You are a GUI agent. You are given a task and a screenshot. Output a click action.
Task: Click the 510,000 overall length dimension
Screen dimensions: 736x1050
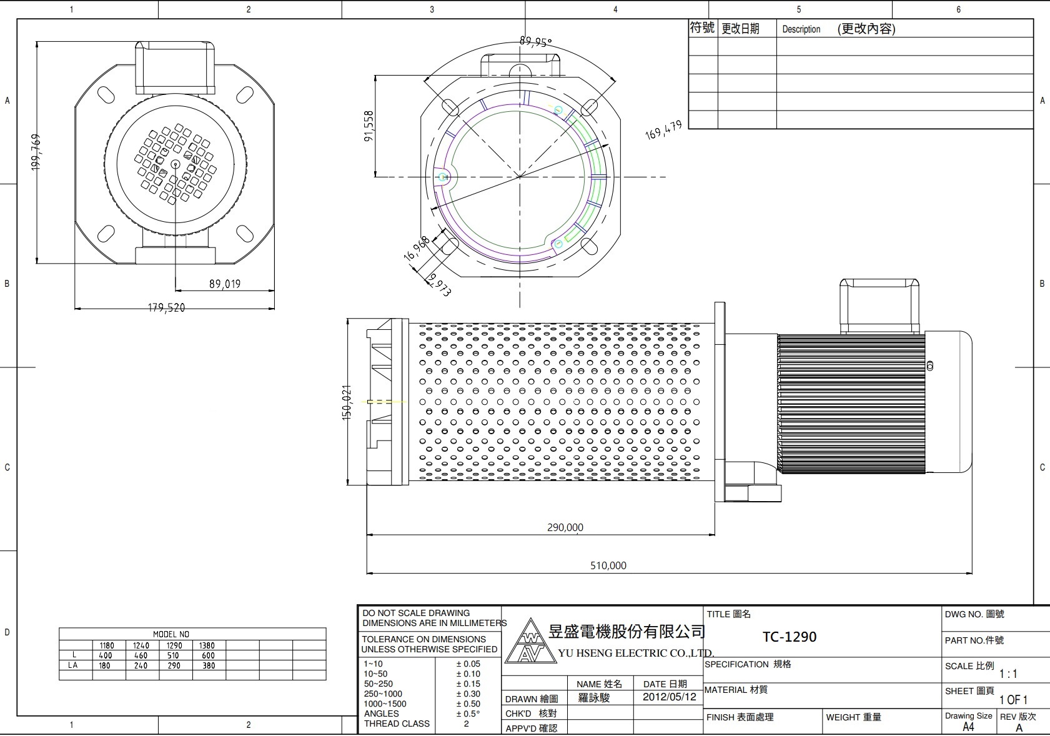point(608,565)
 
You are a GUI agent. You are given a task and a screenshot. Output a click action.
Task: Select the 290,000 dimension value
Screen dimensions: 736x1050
point(565,527)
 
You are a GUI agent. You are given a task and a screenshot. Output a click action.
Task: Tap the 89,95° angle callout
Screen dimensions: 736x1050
point(535,42)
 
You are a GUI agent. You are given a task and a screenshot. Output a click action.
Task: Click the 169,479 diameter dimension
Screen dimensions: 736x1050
point(663,130)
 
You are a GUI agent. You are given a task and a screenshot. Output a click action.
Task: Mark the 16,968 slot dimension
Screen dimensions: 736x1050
point(416,247)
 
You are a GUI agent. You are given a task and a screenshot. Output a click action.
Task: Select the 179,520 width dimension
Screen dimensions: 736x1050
point(166,307)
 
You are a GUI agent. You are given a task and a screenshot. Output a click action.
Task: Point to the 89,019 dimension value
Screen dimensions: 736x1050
point(224,284)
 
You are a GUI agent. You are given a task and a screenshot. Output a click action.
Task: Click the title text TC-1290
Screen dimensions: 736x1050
point(789,637)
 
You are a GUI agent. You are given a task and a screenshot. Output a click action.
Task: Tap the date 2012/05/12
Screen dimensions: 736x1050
point(669,697)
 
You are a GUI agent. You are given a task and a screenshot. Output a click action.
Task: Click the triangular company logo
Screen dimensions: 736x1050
point(530,642)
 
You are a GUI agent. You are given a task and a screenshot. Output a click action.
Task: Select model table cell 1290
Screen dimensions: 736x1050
point(174,645)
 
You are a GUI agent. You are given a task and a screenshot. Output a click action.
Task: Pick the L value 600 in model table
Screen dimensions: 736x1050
point(208,655)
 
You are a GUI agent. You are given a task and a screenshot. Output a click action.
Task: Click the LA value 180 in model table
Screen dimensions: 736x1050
point(104,665)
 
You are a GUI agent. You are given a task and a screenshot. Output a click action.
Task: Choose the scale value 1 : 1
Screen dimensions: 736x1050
point(1008,674)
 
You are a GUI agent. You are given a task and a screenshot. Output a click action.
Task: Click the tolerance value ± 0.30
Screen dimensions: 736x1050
point(468,694)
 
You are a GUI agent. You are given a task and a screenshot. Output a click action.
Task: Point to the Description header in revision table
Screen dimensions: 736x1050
point(801,29)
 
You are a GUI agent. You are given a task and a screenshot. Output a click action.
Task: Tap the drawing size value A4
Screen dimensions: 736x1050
point(968,727)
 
